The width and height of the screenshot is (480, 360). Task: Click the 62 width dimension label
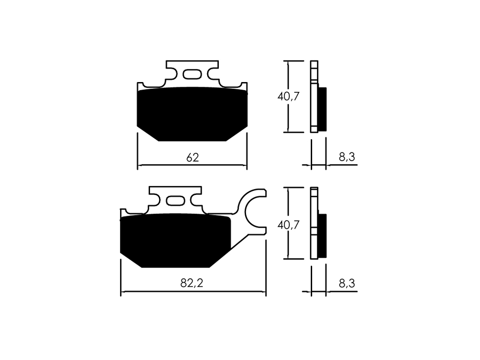click(193, 157)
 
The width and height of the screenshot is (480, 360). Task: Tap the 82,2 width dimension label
click(192, 284)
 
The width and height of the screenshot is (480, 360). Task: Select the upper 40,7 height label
click(288, 97)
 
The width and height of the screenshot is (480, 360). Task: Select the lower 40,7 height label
click(288, 225)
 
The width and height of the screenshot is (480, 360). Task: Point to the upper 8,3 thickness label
click(347, 157)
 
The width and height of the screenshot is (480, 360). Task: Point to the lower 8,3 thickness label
click(347, 284)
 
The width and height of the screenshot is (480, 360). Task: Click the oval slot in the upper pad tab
click(192, 75)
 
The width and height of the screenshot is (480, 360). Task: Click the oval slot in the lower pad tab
click(175, 201)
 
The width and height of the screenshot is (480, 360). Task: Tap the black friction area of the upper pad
click(192, 114)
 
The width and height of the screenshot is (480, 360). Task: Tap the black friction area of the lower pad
click(175, 240)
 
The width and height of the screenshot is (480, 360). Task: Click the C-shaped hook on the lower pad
click(252, 212)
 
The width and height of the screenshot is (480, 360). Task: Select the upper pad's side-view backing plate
click(314, 97)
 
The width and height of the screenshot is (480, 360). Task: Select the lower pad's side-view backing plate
click(314, 223)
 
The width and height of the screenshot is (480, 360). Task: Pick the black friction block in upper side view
click(322, 109)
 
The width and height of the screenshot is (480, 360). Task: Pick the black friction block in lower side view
click(322, 236)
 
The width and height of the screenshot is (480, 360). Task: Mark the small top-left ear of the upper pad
click(140, 86)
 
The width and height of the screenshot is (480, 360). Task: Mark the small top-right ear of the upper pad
click(244, 86)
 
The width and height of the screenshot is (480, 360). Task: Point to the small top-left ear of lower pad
click(123, 212)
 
